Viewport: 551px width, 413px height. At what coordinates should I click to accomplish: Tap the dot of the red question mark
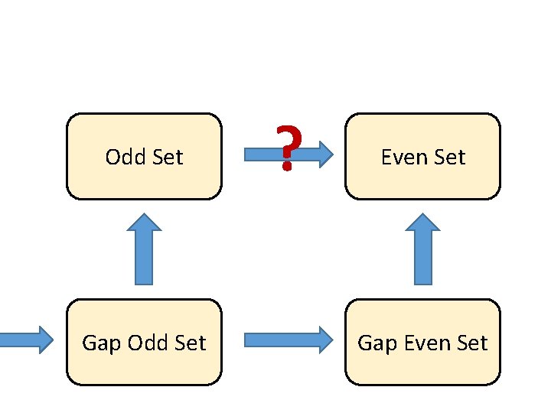[287, 167]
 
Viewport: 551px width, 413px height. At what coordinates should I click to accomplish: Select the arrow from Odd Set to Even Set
[310, 154]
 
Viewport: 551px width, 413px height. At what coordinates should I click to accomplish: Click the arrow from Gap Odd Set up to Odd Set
[144, 252]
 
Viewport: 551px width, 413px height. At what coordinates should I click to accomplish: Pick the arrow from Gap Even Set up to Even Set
[422, 252]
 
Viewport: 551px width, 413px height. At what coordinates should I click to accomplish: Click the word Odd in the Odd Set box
[122, 158]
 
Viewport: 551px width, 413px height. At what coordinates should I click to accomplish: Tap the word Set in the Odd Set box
[168, 158]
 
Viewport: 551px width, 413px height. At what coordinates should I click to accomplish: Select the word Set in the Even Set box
[449, 158]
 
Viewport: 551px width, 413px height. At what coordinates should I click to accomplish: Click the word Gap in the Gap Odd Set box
[99, 343]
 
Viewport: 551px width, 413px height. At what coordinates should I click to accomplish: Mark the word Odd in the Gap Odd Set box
[145, 343]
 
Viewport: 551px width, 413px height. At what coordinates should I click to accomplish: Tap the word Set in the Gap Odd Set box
[191, 343]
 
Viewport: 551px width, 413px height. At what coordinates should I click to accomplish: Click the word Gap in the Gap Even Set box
[375, 343]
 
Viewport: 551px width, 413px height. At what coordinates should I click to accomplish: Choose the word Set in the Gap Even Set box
[471, 343]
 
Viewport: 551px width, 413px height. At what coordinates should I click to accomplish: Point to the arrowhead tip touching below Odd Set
[144, 216]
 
